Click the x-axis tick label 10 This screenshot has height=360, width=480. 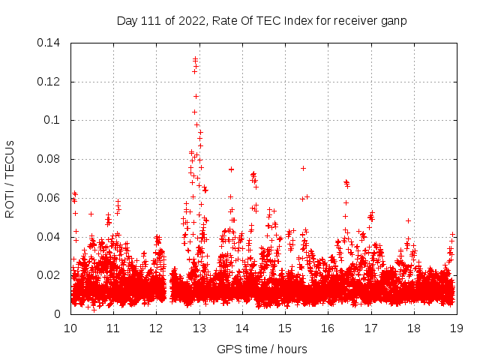[x=70, y=328]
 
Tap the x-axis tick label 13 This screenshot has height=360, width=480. [x=199, y=328]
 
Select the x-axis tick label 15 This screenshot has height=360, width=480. [x=285, y=328]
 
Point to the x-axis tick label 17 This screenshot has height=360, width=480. [x=370, y=328]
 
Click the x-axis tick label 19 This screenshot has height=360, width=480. [x=456, y=328]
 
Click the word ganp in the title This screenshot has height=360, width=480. [x=394, y=21]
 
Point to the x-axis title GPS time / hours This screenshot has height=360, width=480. [x=262, y=349]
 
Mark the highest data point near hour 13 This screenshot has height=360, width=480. [x=195, y=58]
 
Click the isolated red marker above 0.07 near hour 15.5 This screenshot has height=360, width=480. [x=303, y=168]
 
